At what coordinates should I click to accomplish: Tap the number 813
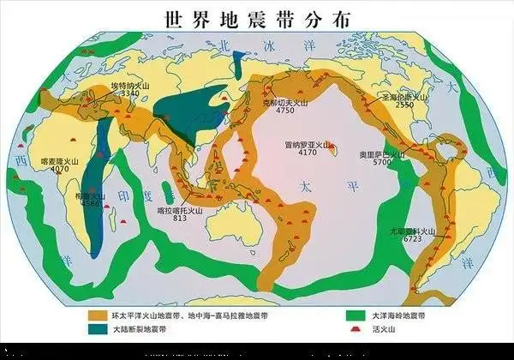point(180,219)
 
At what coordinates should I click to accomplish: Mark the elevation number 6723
point(412,239)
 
